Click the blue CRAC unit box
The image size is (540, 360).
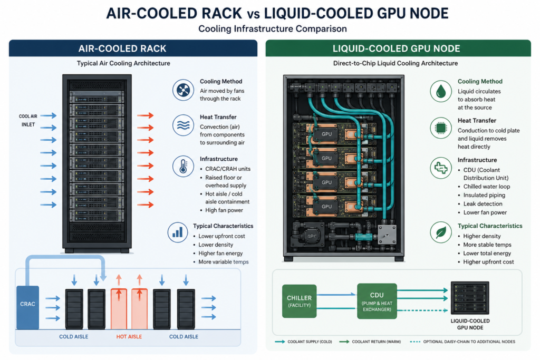[x=27, y=307]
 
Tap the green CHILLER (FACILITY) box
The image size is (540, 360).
[x=300, y=301]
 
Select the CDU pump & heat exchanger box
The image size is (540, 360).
[x=377, y=301]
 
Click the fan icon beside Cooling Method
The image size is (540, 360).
[x=183, y=90]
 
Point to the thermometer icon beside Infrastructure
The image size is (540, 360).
[x=183, y=166]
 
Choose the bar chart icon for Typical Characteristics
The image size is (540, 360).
[x=178, y=232]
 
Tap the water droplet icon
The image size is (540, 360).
[x=441, y=91]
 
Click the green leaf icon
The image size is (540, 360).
[x=441, y=232]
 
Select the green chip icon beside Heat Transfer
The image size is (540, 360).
[x=441, y=128]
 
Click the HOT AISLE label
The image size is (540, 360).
[x=129, y=337]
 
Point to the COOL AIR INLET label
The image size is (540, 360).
[x=28, y=121]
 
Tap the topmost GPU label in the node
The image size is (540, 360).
[x=326, y=134]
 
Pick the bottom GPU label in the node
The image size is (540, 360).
[x=326, y=207]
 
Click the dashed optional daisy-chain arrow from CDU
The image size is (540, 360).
[x=422, y=310]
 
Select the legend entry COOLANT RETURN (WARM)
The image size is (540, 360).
[x=370, y=342]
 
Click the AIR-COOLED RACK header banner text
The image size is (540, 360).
[x=122, y=48]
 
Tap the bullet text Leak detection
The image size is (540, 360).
[x=483, y=204]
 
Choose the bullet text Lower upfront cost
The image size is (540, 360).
[x=222, y=236]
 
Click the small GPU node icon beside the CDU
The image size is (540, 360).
[x=470, y=298]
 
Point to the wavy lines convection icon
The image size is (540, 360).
[x=183, y=125]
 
